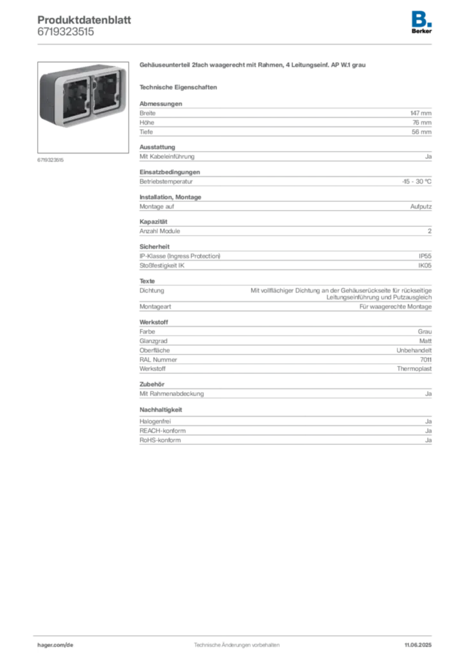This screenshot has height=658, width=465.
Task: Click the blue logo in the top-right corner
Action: [x=421, y=18]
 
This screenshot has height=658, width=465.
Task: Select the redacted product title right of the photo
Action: [x=254, y=66]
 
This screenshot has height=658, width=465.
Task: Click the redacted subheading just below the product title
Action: [x=180, y=86]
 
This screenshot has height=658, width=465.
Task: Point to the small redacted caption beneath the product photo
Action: [x=51, y=159]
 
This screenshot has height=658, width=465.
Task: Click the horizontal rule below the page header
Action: [x=236, y=44]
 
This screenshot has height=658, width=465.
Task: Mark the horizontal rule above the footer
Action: [x=236, y=634]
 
